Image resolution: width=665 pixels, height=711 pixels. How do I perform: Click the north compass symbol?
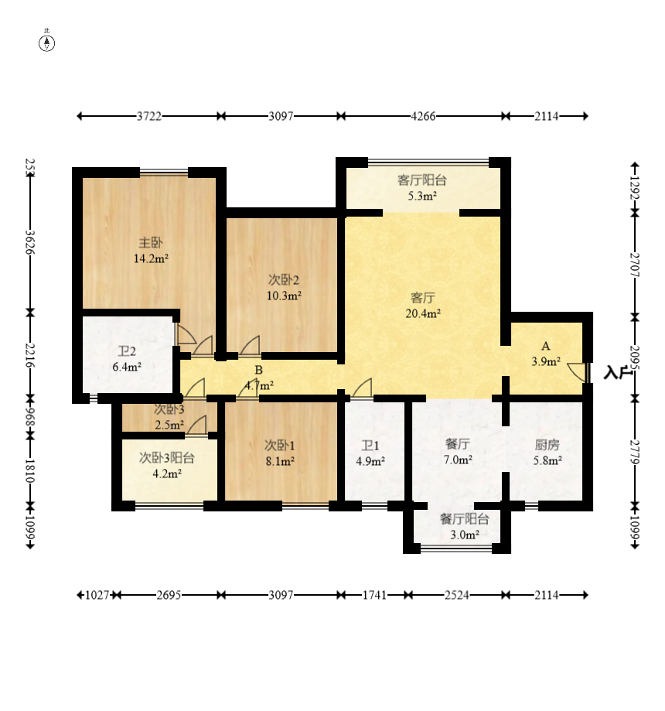(x=46, y=43)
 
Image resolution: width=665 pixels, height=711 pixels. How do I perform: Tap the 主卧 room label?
(x=151, y=243)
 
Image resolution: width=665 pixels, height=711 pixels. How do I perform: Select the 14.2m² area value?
(x=151, y=259)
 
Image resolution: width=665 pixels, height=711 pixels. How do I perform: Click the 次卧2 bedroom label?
(x=284, y=280)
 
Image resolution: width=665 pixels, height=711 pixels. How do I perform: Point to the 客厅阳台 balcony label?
(x=422, y=180)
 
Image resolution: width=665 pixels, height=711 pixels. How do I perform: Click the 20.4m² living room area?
(x=423, y=313)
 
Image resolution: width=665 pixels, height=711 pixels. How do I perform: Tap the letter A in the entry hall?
(x=546, y=347)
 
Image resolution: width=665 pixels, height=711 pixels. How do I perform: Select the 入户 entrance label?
(x=618, y=373)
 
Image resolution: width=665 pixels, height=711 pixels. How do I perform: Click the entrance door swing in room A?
(x=577, y=371)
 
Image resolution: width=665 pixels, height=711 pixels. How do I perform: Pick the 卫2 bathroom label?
(x=127, y=352)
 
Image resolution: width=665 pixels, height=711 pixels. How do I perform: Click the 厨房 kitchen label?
(x=547, y=446)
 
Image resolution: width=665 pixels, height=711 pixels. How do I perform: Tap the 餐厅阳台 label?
(x=465, y=518)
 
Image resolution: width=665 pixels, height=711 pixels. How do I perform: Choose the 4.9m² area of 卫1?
(x=370, y=462)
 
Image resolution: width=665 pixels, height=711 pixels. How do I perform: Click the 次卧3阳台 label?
(x=167, y=458)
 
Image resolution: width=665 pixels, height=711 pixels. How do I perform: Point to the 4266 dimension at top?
(x=424, y=117)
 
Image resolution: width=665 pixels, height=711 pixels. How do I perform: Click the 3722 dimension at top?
(x=149, y=117)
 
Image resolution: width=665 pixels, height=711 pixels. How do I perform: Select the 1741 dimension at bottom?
(x=374, y=595)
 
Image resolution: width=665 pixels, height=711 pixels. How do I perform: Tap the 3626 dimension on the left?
(x=30, y=243)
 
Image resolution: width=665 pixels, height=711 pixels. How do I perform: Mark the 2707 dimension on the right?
(x=635, y=265)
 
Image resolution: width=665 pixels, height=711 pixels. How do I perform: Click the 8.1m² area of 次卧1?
(x=280, y=462)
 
